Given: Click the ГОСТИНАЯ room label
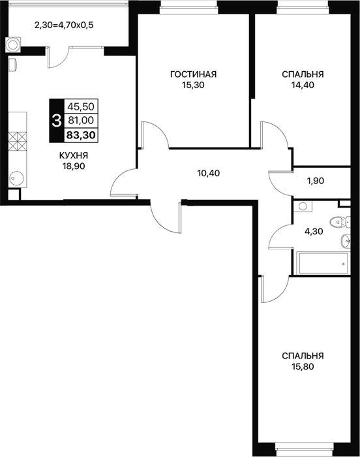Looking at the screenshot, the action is (x=193, y=74).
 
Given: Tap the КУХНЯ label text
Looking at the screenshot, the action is (x=74, y=155).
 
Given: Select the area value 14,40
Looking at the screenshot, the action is (x=303, y=85).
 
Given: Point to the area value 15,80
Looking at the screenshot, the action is (x=303, y=366).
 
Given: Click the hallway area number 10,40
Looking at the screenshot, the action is (x=209, y=174).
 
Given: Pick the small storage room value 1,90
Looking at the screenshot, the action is (x=316, y=181).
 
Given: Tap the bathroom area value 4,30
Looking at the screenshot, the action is (x=314, y=232).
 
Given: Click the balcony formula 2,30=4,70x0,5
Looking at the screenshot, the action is (x=64, y=25).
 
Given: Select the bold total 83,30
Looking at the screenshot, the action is (x=81, y=135).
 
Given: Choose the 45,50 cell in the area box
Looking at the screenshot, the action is (x=81, y=106).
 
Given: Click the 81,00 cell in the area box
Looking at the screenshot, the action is (x=81, y=120).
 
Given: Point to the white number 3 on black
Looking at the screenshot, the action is (x=56, y=121).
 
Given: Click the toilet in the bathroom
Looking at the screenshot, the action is (x=340, y=222).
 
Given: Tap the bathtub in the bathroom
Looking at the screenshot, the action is (x=322, y=264).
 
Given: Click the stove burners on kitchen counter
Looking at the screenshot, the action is (x=18, y=142).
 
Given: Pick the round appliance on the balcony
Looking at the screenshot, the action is (x=13, y=44).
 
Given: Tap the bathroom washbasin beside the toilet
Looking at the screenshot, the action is (x=345, y=241).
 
